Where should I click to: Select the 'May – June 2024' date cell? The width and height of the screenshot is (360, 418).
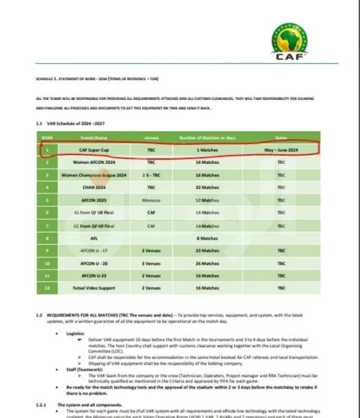click(x=281, y=149)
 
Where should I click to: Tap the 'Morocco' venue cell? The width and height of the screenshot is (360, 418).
click(x=151, y=200)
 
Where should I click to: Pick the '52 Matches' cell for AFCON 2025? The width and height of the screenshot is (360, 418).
click(x=207, y=200)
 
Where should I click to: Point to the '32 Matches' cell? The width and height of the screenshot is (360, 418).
click(x=207, y=187)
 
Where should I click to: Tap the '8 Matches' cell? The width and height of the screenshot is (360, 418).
click(x=207, y=238)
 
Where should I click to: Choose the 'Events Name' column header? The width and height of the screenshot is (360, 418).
click(x=94, y=137)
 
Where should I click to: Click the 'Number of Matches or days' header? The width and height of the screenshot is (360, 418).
click(x=207, y=137)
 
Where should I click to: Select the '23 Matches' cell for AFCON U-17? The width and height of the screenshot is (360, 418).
click(x=207, y=251)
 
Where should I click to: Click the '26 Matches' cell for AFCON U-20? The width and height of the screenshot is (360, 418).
click(x=207, y=263)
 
